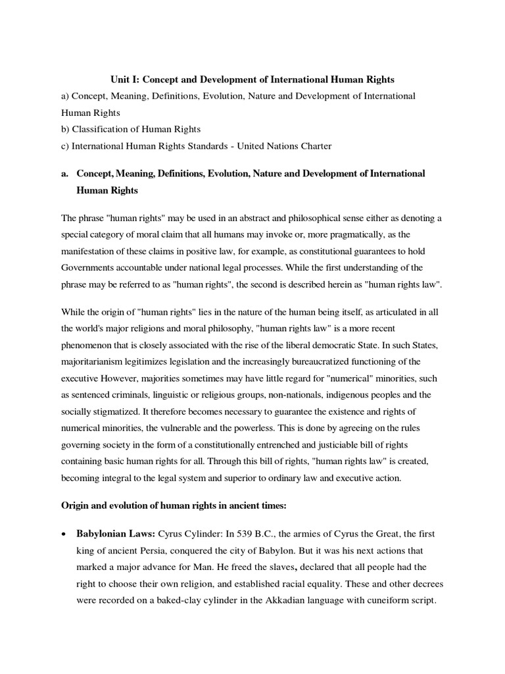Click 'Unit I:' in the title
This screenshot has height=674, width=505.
(x=124, y=79)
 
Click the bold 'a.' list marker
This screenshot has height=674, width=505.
(x=65, y=173)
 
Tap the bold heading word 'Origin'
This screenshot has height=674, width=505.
(x=78, y=507)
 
